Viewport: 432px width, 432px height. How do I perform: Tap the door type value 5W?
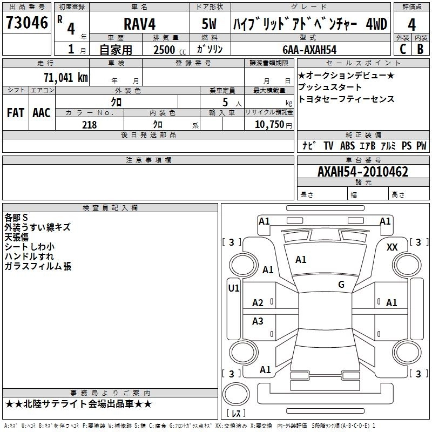pyautogui.click(x=210, y=25)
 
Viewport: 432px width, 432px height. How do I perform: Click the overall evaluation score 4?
pyautogui.click(x=411, y=25)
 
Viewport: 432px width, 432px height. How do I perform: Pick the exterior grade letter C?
pyautogui.click(x=402, y=49)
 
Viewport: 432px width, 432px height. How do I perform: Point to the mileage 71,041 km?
pyautogui.click(x=65, y=77)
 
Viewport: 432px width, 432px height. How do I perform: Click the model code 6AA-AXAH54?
pyautogui.click(x=309, y=50)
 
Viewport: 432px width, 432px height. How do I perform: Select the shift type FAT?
pyautogui.click(x=15, y=113)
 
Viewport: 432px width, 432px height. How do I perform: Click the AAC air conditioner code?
pyautogui.click(x=41, y=113)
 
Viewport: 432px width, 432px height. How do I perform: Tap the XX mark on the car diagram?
pyautogui.click(x=392, y=247)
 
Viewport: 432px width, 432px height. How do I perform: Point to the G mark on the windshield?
pyautogui.click(x=341, y=285)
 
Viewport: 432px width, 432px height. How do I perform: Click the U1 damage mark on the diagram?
pyautogui.click(x=233, y=288)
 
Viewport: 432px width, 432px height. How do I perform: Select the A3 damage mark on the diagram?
pyautogui.click(x=258, y=321)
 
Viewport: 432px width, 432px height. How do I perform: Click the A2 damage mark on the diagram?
pyautogui.click(x=258, y=303)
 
